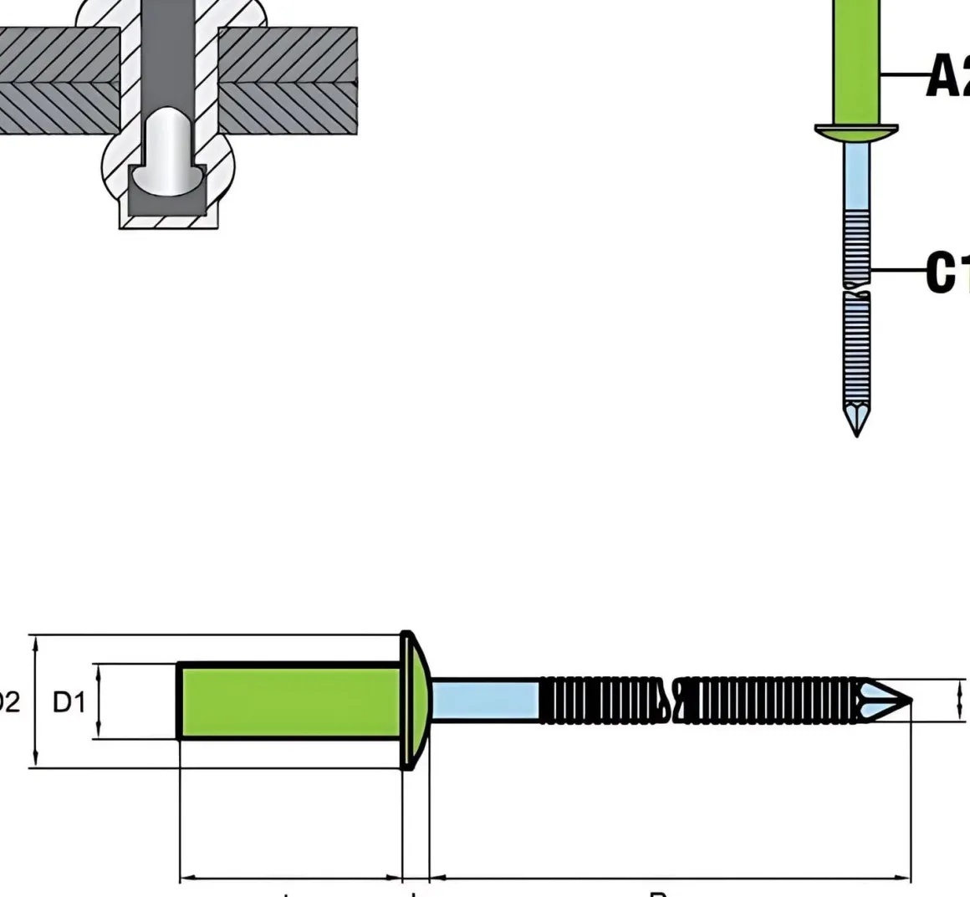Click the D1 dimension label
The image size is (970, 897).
[x=69, y=702]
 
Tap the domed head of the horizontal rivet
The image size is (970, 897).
[x=415, y=701]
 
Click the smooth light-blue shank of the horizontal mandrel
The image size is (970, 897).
[x=485, y=701]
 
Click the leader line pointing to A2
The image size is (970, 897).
[x=903, y=75]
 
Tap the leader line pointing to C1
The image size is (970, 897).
[x=899, y=270]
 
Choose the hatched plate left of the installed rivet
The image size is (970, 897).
[x=54, y=80]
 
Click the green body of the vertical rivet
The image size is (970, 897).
[x=856, y=59]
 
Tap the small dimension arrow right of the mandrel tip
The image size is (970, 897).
[x=959, y=701]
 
